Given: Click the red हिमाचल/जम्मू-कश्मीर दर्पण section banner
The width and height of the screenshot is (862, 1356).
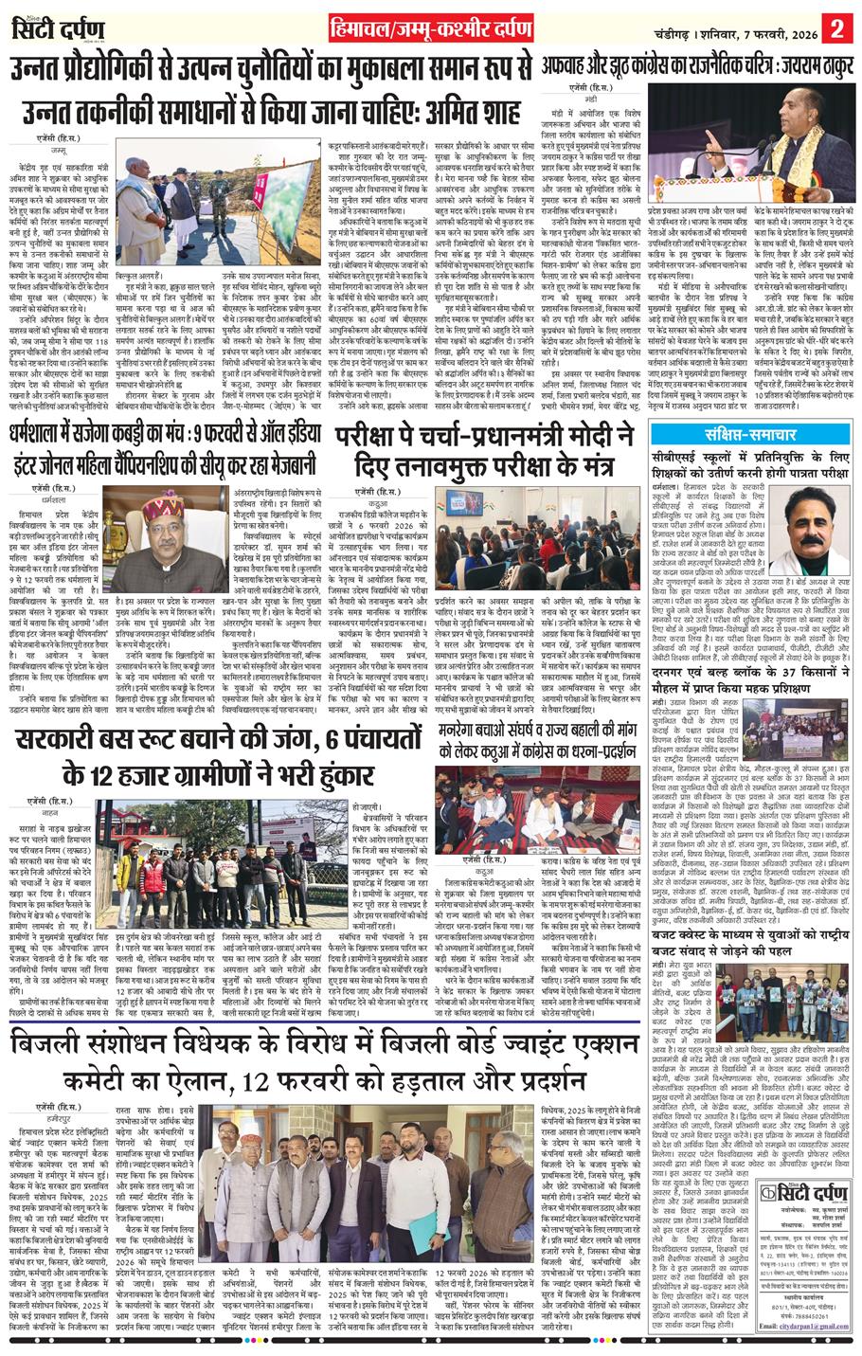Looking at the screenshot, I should pos(430,27).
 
